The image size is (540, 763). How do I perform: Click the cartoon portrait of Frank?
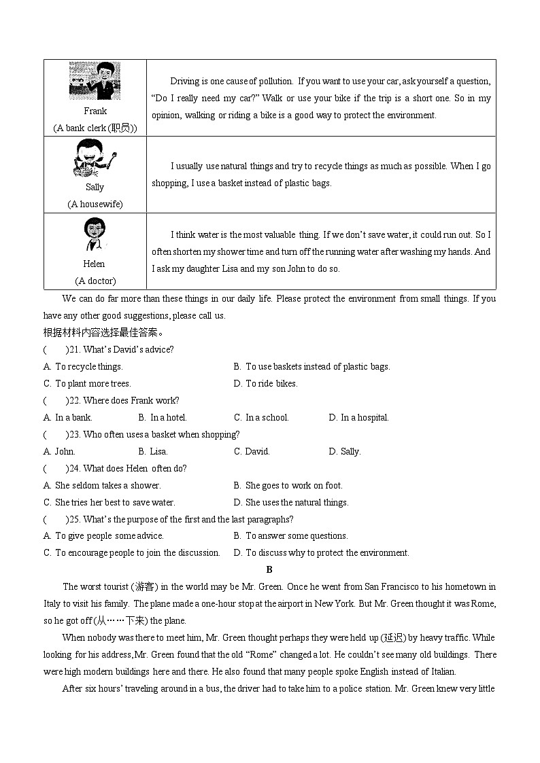coord(95,81)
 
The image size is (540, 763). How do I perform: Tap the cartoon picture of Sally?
coord(95,158)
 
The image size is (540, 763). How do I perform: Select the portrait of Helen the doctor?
coord(95,235)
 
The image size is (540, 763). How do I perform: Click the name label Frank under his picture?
coord(95,111)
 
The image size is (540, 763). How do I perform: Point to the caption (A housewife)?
coord(95,204)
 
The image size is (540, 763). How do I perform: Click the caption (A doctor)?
coord(95,281)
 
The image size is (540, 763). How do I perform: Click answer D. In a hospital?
coord(358,417)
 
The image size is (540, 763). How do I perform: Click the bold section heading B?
coord(269,570)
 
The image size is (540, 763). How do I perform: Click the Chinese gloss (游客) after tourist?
coord(144,586)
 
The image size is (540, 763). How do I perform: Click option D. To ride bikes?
coord(265,383)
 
